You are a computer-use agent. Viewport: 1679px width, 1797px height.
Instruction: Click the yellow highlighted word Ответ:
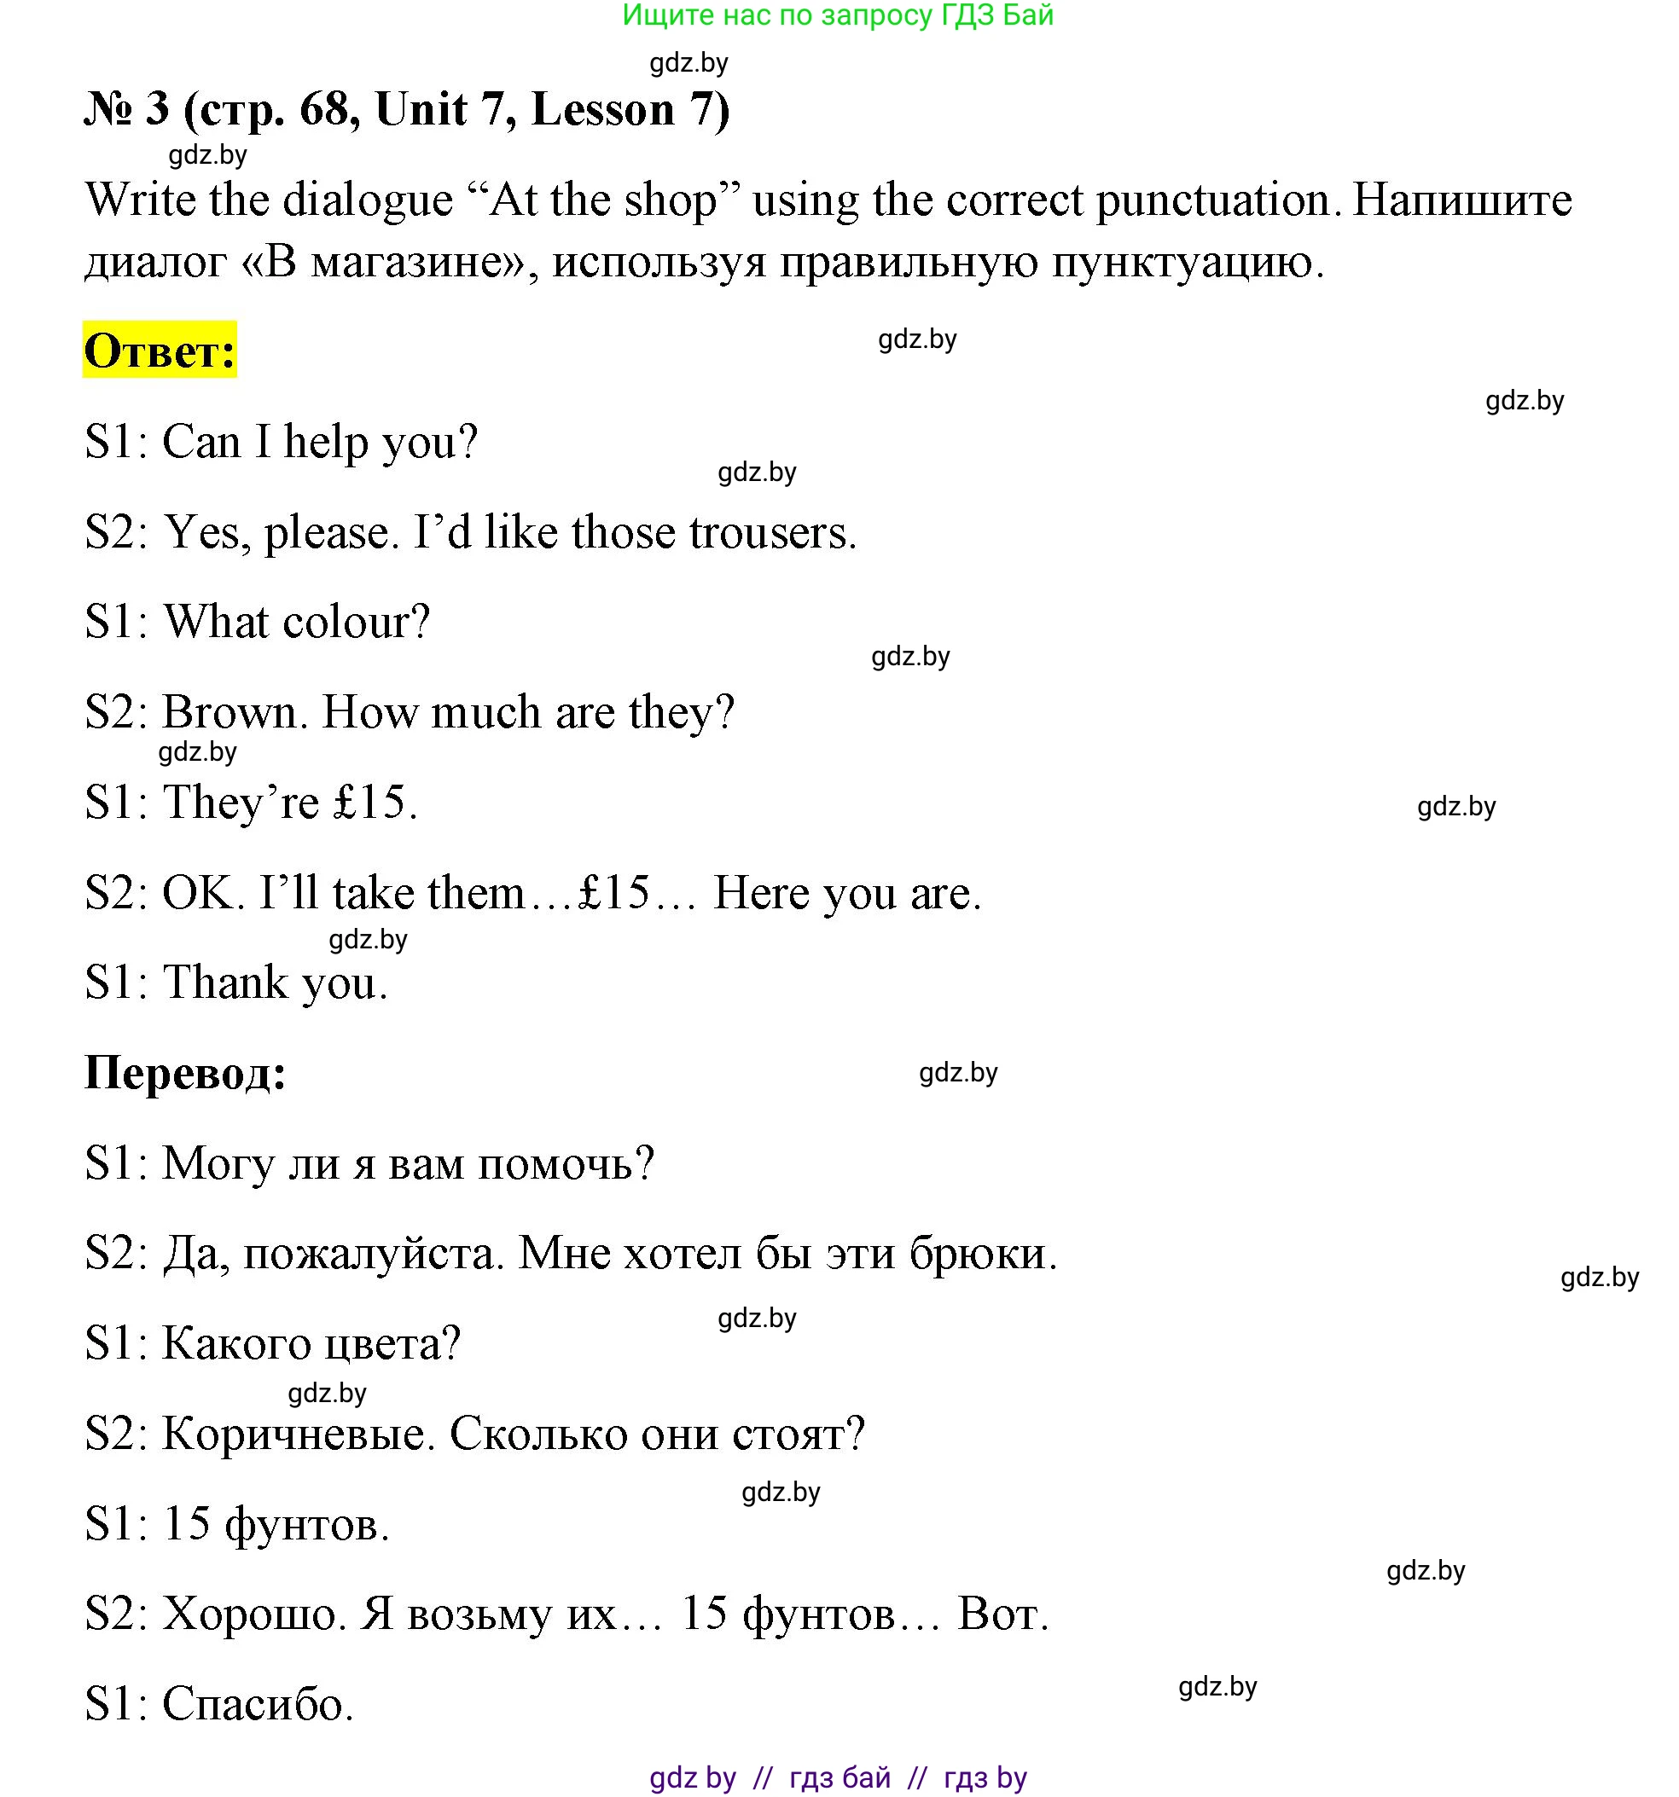pos(160,350)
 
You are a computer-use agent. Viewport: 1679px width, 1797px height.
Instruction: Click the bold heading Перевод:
pos(185,1073)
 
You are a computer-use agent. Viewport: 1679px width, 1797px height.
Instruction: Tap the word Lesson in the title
pos(603,109)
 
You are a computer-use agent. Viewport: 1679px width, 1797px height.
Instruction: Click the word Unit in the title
pos(421,109)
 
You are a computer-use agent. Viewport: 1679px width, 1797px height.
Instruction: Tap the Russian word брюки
pos(982,1254)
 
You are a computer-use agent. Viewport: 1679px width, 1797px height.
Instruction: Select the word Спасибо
pos(257,1705)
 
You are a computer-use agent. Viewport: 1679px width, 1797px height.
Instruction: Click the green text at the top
pos(838,15)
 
